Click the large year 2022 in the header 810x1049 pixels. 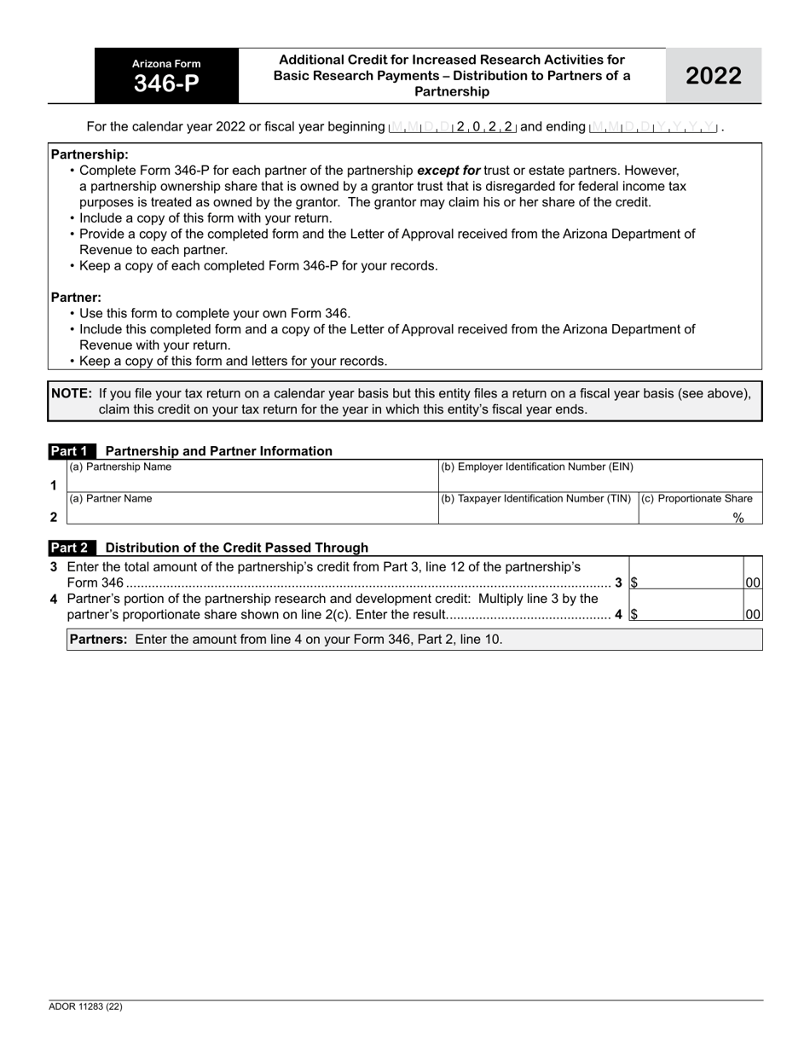pyautogui.click(x=713, y=76)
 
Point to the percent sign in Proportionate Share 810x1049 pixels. pyautogui.click(x=738, y=518)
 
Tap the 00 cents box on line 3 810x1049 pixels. pyautogui.click(x=753, y=582)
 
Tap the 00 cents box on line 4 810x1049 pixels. pyautogui.click(x=753, y=613)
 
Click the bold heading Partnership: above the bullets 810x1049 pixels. pyautogui.click(x=90, y=154)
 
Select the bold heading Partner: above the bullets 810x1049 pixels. pyautogui.click(x=76, y=298)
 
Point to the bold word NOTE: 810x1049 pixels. pyautogui.click(x=72, y=393)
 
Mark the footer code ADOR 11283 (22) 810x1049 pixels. pyautogui.click(x=85, y=1006)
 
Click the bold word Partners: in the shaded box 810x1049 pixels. pyautogui.click(x=98, y=639)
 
